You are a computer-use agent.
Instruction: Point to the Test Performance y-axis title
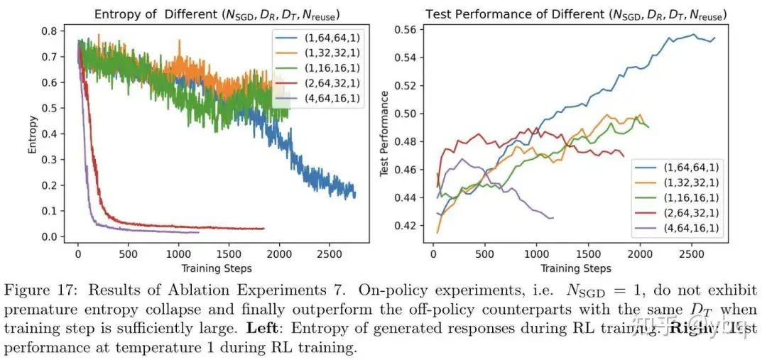[x=385, y=134]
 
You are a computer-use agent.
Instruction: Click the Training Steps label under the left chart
[x=216, y=268]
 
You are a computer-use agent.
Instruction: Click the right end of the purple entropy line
[x=199, y=232]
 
